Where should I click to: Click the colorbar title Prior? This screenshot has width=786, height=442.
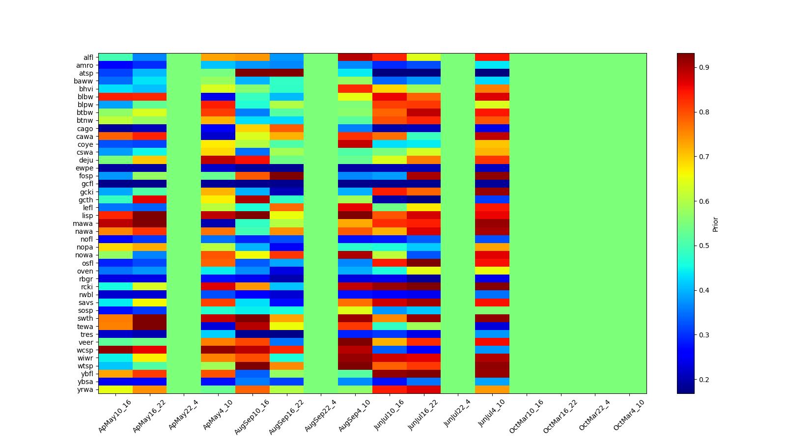pyautogui.click(x=715, y=224)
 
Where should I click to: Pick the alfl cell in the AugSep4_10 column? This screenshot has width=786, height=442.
pyautogui.click(x=355, y=57)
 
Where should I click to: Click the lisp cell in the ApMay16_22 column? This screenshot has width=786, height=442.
pyautogui.click(x=149, y=216)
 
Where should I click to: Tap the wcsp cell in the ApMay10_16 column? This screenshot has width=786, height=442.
pyautogui.click(x=115, y=350)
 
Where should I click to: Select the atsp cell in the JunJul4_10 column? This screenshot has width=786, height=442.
pyautogui.click(x=492, y=73)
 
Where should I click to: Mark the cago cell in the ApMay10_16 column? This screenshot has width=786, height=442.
pyautogui.click(x=115, y=129)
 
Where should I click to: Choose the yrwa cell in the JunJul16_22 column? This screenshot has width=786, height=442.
pyautogui.click(x=423, y=389)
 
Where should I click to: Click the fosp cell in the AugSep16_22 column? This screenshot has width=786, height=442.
pyautogui.click(x=286, y=176)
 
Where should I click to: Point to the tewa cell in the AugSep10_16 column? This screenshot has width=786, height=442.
pyautogui.click(x=253, y=326)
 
